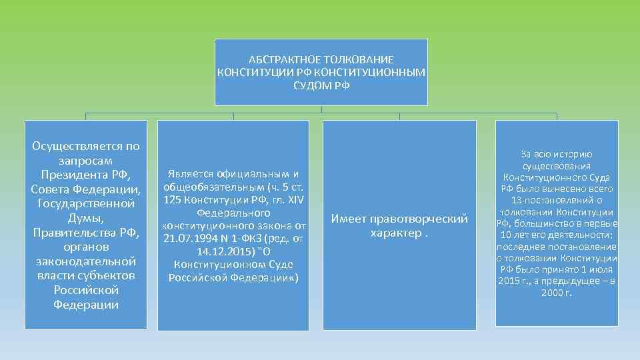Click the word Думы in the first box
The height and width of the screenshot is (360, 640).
click(85, 218)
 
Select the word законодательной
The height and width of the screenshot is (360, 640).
click(85, 261)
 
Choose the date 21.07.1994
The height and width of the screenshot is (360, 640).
click(191, 239)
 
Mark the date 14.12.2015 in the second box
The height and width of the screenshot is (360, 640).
click(223, 252)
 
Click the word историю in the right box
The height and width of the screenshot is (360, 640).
click(574, 154)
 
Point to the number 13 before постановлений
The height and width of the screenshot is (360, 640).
click(516, 201)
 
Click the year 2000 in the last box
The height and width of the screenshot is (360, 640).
click(551, 293)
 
